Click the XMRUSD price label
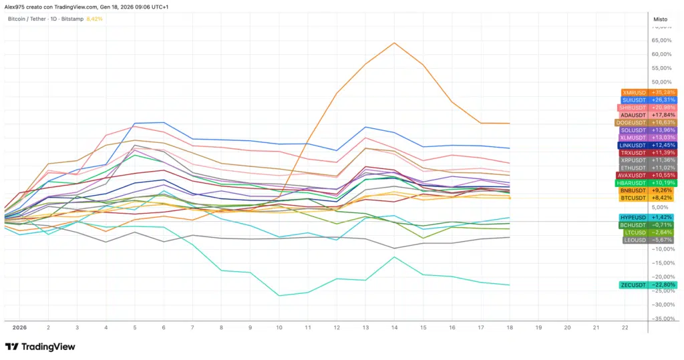649,92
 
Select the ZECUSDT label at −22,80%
649,285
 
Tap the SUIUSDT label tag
649,100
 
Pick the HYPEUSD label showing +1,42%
649,218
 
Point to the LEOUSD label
649,240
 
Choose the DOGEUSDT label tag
645,122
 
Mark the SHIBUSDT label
647,108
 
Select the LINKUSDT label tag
647,145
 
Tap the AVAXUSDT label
647,175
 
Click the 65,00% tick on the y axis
661,40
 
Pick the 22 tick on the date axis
625,328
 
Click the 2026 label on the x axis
19,328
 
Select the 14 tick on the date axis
394,328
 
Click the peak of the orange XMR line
394,43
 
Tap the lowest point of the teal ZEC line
279,295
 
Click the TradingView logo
40,347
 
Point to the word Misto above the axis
659,19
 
